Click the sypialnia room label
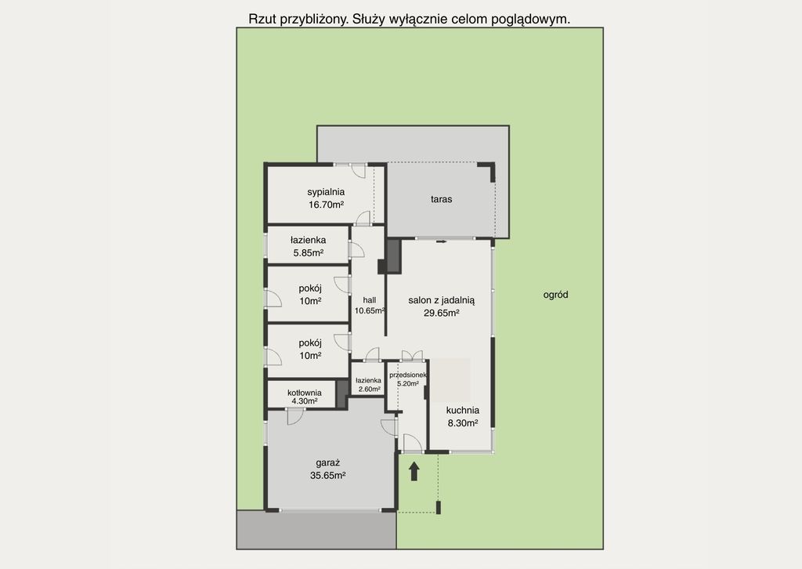[x=326, y=192]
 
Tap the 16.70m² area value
[x=326, y=205]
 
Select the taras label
[x=441, y=199]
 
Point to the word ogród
[x=555, y=295]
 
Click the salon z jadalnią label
[x=442, y=301]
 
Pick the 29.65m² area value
[x=442, y=313]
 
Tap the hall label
[x=370, y=300]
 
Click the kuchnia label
[x=463, y=411]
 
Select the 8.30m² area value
[x=463, y=422]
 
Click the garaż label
[x=328, y=463]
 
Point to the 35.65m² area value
[x=328, y=476]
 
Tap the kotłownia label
[x=305, y=393]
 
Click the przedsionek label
[x=407, y=375]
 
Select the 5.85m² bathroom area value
[x=309, y=253]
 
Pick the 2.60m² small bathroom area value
[x=369, y=389]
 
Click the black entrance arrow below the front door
[x=414, y=471]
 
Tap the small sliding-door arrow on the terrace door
[x=442, y=241]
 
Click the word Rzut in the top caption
[x=262, y=19]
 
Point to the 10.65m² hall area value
[x=370, y=310]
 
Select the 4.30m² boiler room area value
[x=305, y=401]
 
